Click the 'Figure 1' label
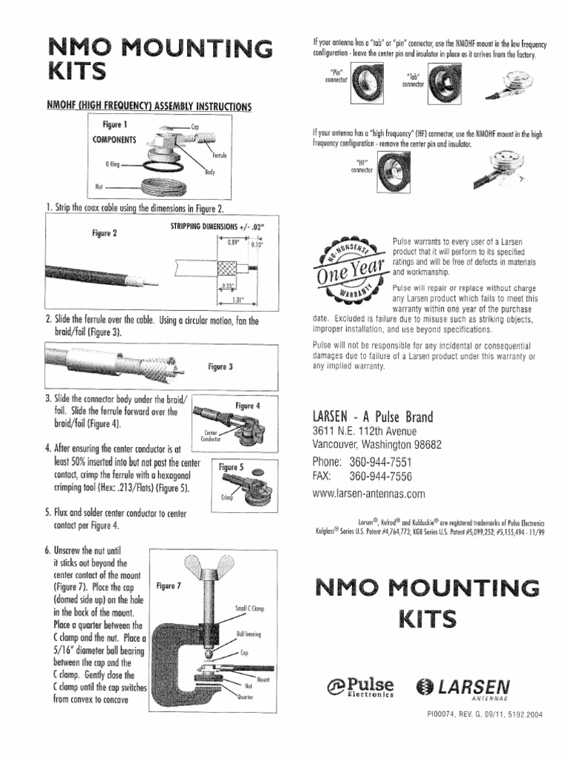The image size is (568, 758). click(115, 124)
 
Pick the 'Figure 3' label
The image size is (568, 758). click(220, 366)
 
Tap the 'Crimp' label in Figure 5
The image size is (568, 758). click(226, 497)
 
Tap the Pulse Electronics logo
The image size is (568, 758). click(360, 688)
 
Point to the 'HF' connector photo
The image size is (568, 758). click(386, 172)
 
